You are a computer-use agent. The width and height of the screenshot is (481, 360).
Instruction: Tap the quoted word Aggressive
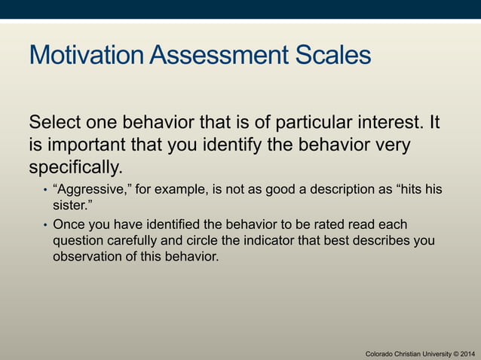click(x=92, y=189)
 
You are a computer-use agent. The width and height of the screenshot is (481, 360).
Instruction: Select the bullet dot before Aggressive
click(x=44, y=190)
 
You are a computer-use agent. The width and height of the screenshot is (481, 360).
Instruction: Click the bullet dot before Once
click(x=44, y=226)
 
